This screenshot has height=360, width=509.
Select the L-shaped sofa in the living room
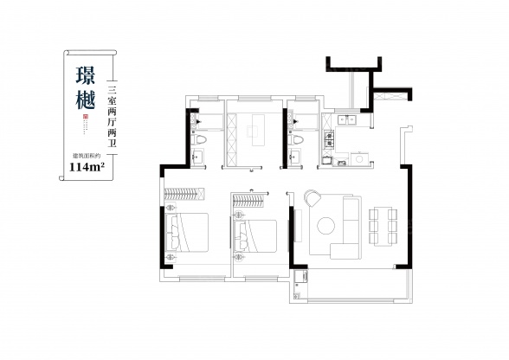pos(349,227)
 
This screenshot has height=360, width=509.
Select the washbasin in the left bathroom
pos(197,157)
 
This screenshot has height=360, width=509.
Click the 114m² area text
pos(86,167)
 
